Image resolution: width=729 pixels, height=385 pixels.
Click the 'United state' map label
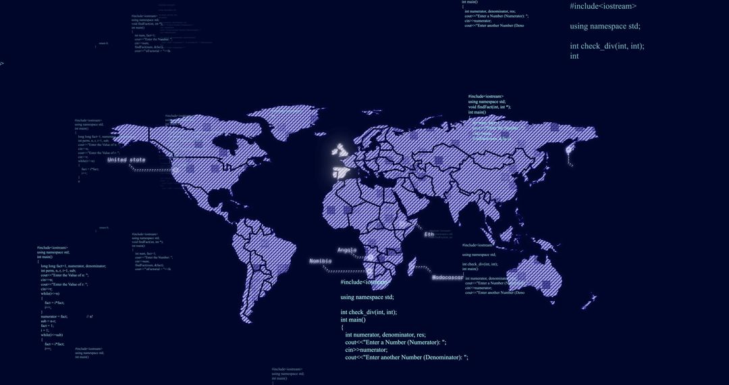point(126,160)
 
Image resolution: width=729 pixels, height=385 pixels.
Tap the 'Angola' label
point(347,250)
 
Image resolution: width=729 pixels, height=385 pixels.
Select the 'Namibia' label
point(321,261)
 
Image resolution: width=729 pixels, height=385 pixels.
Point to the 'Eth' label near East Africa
point(429,234)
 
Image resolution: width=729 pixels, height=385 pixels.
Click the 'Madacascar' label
point(448,278)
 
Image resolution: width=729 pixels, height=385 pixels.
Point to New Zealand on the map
point(593,297)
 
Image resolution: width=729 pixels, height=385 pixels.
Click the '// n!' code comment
point(90,316)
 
